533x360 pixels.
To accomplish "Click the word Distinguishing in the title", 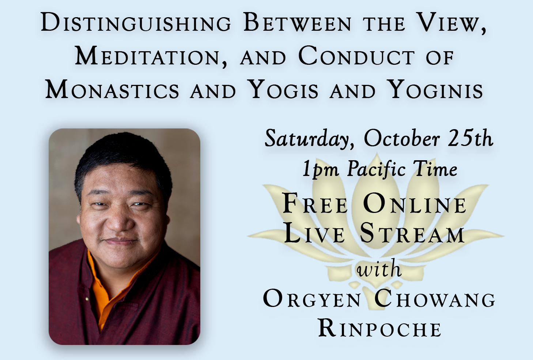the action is pyautogui.click(x=136, y=22).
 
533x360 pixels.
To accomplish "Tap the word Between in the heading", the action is pyautogui.click(x=297, y=22).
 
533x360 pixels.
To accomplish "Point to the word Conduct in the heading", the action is pyautogui.click(x=356, y=56).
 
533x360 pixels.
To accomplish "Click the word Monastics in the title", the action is pyautogui.click(x=112, y=89).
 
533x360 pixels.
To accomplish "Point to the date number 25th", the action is pyautogui.click(x=470, y=138).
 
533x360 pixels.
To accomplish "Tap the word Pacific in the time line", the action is pyautogui.click(x=376, y=169).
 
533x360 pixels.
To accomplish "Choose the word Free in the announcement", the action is pyautogui.click(x=315, y=204).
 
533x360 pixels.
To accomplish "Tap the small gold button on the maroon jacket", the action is pyautogui.click(x=87, y=299).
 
